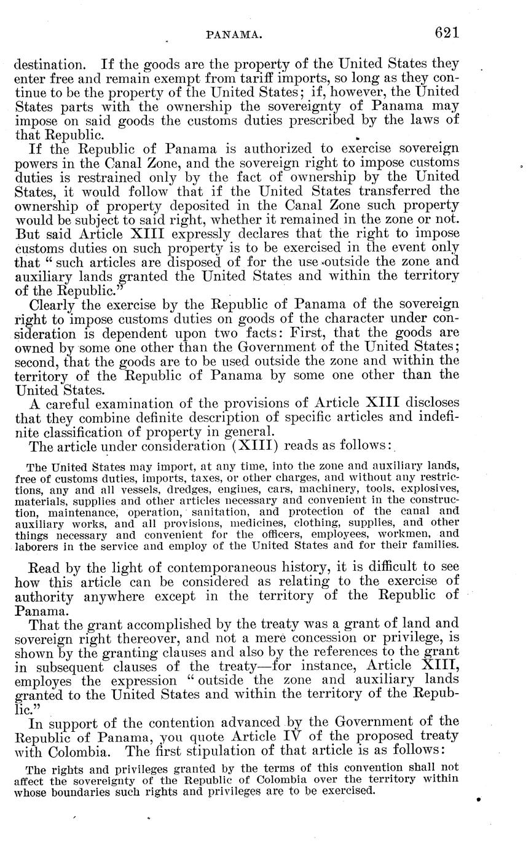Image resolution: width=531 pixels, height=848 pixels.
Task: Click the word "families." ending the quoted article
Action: point(433,544)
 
